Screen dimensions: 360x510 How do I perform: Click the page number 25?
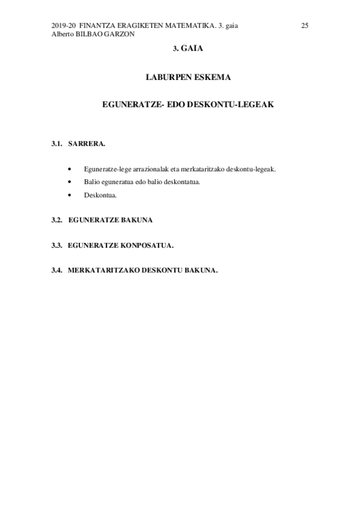[x=305, y=25]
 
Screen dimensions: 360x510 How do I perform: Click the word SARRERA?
[x=87, y=144]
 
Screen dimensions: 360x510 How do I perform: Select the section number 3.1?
[x=57, y=144]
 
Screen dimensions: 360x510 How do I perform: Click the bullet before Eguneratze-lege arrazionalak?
[x=71, y=169]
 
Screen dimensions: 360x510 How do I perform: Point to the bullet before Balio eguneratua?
[x=71, y=182]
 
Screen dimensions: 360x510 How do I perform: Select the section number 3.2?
[x=57, y=220]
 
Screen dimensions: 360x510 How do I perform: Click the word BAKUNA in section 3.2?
[x=138, y=220]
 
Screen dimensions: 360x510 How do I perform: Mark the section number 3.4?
[x=57, y=270]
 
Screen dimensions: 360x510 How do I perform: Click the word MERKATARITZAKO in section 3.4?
[x=104, y=270]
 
